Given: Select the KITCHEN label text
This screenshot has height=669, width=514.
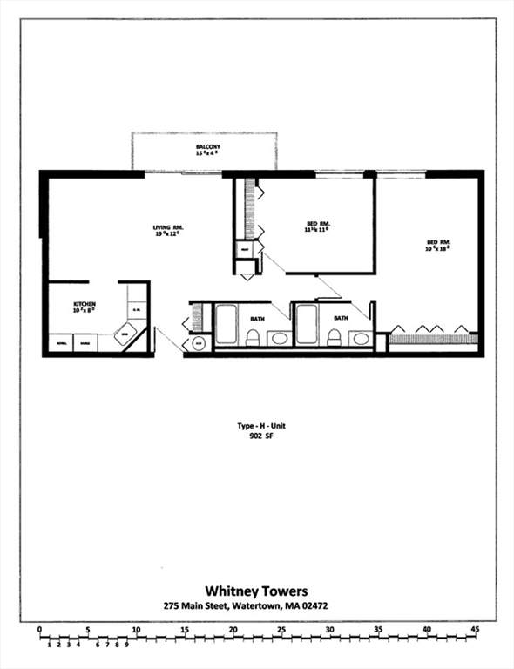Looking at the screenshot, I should [84, 305].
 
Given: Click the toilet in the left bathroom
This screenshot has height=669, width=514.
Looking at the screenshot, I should [253, 337].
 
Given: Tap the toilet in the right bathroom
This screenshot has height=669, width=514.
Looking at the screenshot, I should [334, 337].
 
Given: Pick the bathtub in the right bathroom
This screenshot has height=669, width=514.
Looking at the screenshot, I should [307, 324].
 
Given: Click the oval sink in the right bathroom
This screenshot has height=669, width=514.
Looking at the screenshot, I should [360, 338].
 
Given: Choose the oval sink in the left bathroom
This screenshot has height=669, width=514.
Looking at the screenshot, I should [279, 338].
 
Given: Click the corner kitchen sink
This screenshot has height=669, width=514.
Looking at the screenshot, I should [126, 334].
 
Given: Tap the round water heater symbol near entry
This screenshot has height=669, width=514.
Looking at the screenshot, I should [199, 343].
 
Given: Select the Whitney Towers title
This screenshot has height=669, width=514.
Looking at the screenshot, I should [257, 589].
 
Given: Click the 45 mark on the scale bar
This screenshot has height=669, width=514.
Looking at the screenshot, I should [474, 628].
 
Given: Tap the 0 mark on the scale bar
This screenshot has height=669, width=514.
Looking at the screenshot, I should [40, 628].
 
